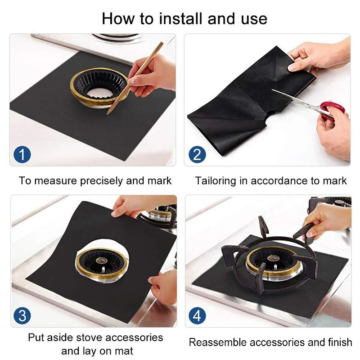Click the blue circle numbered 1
pyautogui.click(x=22, y=154)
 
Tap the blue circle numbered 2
pyautogui.click(x=197, y=154)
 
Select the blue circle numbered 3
pyautogui.click(x=22, y=316)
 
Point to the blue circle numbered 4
pyautogui.click(x=197, y=316)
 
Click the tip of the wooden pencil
pyautogui.click(x=107, y=114)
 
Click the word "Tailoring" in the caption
pyautogui.click(x=215, y=181)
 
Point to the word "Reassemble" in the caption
pyautogui.click(x=218, y=342)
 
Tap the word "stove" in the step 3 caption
pyautogui.click(x=89, y=337)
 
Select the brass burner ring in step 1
pyautogui.click(x=99, y=87)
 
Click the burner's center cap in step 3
pyautogui.click(x=101, y=261)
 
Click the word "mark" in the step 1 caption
pyautogui.click(x=160, y=181)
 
